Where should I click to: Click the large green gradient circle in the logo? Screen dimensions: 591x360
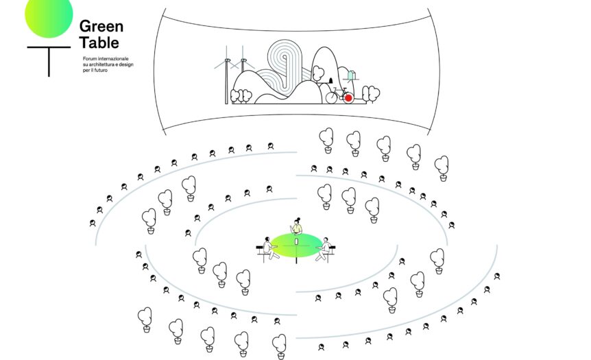click(49, 15)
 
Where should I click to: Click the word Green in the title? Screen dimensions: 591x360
click(101, 26)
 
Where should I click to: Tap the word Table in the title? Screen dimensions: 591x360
click(99, 43)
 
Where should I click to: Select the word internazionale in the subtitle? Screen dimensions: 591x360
click(113, 59)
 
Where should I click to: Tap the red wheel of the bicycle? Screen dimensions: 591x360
click(349, 98)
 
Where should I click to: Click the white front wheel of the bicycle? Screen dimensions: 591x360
click(332, 97)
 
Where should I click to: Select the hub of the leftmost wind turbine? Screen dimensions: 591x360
click(227, 60)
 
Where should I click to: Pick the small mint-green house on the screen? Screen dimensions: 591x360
click(351, 75)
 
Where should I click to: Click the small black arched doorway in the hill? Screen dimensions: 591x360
click(331, 80)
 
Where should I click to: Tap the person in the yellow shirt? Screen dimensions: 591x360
click(297, 226)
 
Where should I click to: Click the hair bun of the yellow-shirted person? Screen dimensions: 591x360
click(299, 218)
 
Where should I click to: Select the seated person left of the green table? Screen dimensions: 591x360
click(270, 249)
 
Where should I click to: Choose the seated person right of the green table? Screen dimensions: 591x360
click(324, 249)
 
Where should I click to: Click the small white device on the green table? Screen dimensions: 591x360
click(297, 241)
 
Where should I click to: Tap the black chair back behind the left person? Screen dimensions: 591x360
click(260, 248)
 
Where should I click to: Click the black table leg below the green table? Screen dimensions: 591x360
click(297, 259)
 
